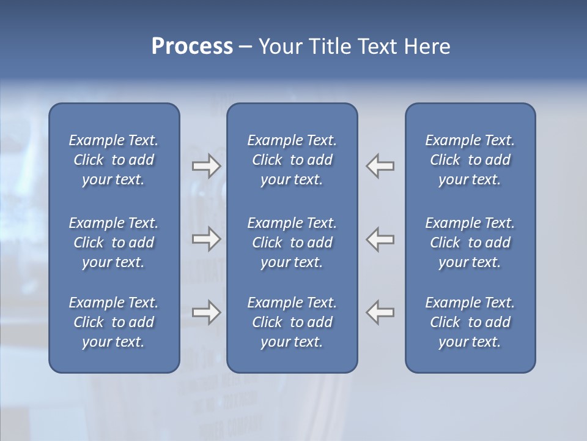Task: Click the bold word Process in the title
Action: point(192,47)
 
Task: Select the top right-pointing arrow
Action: point(206,166)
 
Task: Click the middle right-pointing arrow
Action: point(206,239)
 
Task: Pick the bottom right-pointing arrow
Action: point(206,312)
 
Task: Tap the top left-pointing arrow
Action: point(380,166)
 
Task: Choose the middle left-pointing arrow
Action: point(380,239)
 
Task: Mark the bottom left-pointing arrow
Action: point(380,312)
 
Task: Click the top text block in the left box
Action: point(114,160)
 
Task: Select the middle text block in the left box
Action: point(114,243)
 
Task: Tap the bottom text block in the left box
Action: point(114,322)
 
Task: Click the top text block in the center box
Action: point(292,160)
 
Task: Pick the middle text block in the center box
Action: point(292,243)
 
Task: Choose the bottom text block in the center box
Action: point(292,322)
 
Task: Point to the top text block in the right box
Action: point(470,160)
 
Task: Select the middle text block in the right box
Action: point(470,243)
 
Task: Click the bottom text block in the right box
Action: point(470,322)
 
